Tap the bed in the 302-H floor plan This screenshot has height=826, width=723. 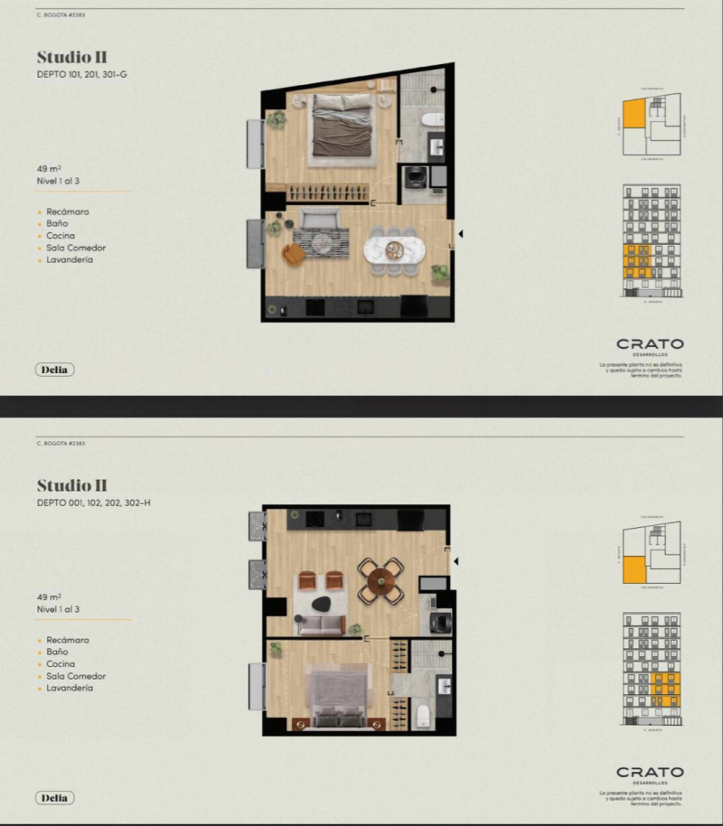[x=339, y=698]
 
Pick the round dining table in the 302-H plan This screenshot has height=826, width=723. [x=380, y=581]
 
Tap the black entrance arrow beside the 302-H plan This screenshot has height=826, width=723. [x=457, y=562]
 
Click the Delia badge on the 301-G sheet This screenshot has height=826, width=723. [x=56, y=370]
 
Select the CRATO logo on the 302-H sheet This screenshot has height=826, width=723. [x=650, y=773]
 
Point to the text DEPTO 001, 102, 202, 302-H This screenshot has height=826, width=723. [x=93, y=502]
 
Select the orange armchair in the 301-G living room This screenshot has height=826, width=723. [x=295, y=255]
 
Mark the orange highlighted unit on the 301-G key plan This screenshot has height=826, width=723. [x=634, y=115]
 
